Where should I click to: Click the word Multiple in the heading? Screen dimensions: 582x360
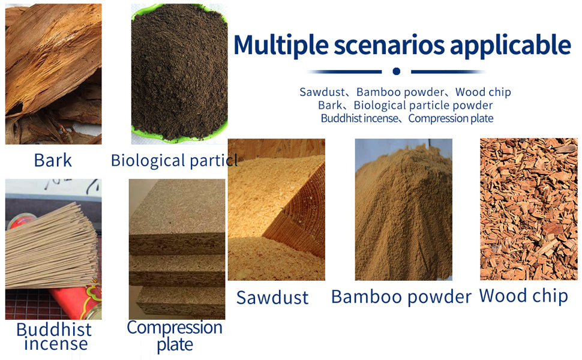tap(281, 45)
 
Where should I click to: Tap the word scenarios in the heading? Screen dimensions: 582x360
tap(389, 44)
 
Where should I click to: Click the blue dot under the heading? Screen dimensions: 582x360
tap(397, 71)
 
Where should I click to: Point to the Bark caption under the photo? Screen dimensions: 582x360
tap(53, 160)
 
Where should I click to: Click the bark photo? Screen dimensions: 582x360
tap(53, 74)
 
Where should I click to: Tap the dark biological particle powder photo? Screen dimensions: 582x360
tap(179, 74)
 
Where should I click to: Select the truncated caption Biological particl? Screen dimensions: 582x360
tap(174, 161)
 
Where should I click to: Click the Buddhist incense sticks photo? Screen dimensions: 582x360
tap(53, 249)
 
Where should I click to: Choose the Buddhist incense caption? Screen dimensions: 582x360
tap(55, 337)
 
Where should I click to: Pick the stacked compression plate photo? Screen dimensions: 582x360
tap(177, 249)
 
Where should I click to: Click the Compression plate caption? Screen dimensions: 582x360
tap(175, 336)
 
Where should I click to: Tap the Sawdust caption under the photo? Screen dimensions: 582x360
tap(272, 297)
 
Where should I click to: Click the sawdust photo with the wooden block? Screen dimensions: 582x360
tap(277, 209)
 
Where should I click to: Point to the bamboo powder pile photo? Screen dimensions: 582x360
tap(403, 209)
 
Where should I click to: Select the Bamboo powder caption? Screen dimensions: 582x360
tap(401, 297)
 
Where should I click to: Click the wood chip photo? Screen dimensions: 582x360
tap(529, 209)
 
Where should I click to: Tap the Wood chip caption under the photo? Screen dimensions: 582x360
tap(523, 296)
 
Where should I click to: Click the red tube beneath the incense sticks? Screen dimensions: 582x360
tap(74, 301)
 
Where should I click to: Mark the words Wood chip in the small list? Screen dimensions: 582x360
tap(483, 92)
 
